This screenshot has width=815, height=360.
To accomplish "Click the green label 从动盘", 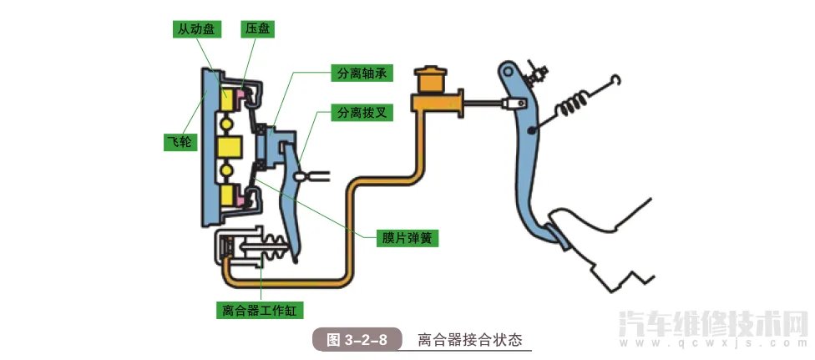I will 195,29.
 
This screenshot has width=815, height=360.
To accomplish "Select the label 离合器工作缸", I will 259,312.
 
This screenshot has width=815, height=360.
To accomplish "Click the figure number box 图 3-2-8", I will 357,340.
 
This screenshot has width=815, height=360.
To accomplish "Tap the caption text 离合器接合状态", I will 469,340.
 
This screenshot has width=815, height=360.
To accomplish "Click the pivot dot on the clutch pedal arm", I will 531,131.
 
